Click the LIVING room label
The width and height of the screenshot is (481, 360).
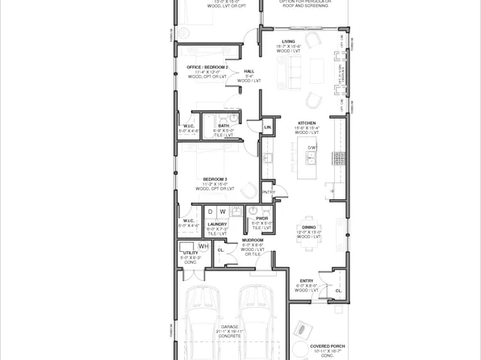pos(288,41)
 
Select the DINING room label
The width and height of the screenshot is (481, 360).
pos(308,228)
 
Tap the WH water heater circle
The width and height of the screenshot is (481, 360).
pos(203,246)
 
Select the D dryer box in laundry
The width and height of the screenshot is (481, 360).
pos(211,211)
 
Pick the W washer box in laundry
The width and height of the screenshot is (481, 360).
pos(223,211)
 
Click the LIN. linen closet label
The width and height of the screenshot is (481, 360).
pos(268,127)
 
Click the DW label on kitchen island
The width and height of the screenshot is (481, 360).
pos(312,148)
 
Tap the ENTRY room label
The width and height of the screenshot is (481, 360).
pos(307,280)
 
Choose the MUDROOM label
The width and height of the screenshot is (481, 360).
pos(253,240)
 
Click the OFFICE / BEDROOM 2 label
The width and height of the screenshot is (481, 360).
pos(207,67)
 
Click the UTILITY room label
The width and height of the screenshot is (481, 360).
pos(190,253)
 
